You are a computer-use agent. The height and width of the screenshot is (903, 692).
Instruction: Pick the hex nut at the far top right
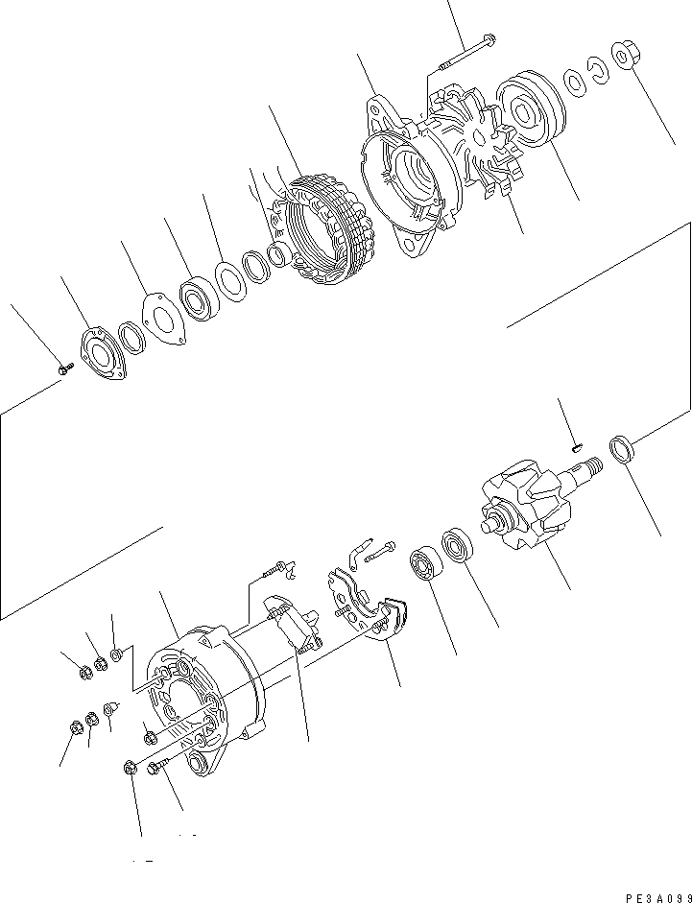coord(626,59)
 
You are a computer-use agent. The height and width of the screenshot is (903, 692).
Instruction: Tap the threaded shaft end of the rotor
coord(587,467)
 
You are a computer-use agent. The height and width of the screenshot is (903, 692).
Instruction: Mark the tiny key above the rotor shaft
coord(576,443)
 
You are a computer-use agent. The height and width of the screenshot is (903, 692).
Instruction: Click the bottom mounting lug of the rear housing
coord(203,764)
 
